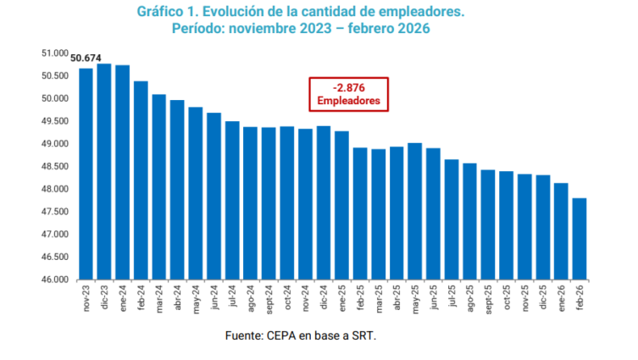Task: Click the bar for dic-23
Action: (x=104, y=172)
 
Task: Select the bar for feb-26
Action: (x=580, y=239)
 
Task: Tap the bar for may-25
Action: (x=415, y=211)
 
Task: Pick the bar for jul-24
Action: (x=232, y=201)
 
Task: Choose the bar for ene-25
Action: (x=341, y=206)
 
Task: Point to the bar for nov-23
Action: (x=86, y=174)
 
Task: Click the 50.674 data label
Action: (x=86, y=58)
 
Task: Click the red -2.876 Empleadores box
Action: (x=349, y=94)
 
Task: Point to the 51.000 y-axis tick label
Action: (x=55, y=53)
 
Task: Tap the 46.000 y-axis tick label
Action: (x=55, y=280)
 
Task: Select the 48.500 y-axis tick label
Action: (x=55, y=167)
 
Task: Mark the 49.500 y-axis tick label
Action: (x=55, y=121)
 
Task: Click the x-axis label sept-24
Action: (x=269, y=299)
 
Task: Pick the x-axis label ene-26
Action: (x=562, y=298)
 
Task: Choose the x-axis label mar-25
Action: (x=379, y=298)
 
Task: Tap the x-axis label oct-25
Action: (x=507, y=297)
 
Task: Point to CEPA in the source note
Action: (x=281, y=335)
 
